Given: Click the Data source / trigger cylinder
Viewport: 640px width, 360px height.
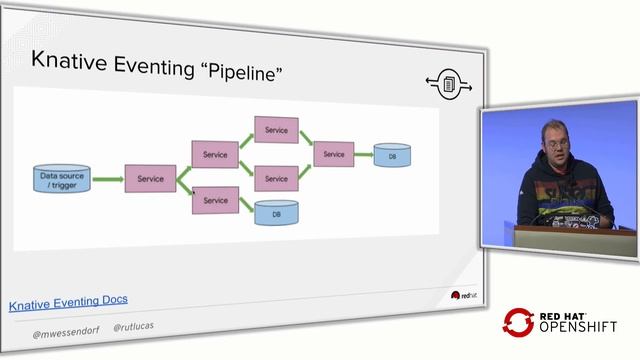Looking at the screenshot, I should pos(62,180).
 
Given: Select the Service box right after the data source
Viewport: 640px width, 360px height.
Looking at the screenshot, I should pos(150,179).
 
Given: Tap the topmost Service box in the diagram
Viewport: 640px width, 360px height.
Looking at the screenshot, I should pos(276,130).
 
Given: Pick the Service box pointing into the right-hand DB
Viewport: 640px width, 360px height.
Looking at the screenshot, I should pos(334,154).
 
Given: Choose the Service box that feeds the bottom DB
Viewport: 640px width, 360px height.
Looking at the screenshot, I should pos(215,201).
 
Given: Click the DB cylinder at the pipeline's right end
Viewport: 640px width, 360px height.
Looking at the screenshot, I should pos(392,157).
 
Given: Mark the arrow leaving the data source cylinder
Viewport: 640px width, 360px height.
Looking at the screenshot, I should pos(106,180).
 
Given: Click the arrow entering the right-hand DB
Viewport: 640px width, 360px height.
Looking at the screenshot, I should pos(364,155).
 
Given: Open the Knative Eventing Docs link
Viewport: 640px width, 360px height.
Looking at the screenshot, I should pos(68,300).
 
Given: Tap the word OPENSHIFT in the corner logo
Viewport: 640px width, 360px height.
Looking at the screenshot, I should pos(578,327).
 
